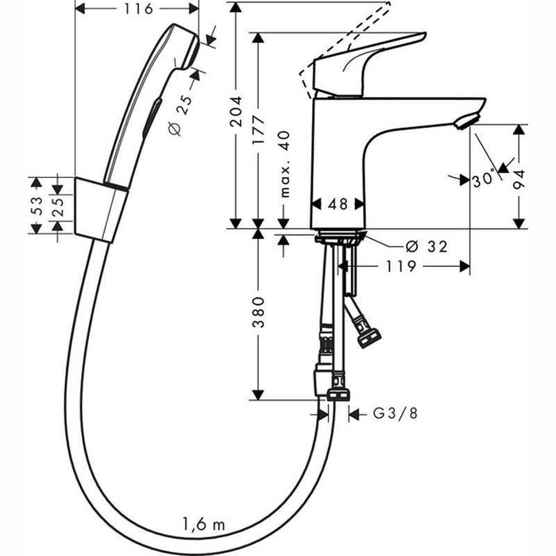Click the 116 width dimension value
point(138,10)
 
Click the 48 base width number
point(338,203)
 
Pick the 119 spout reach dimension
point(402,267)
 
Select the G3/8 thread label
point(392,414)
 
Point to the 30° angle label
point(483,180)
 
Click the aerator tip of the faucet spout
point(467,120)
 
